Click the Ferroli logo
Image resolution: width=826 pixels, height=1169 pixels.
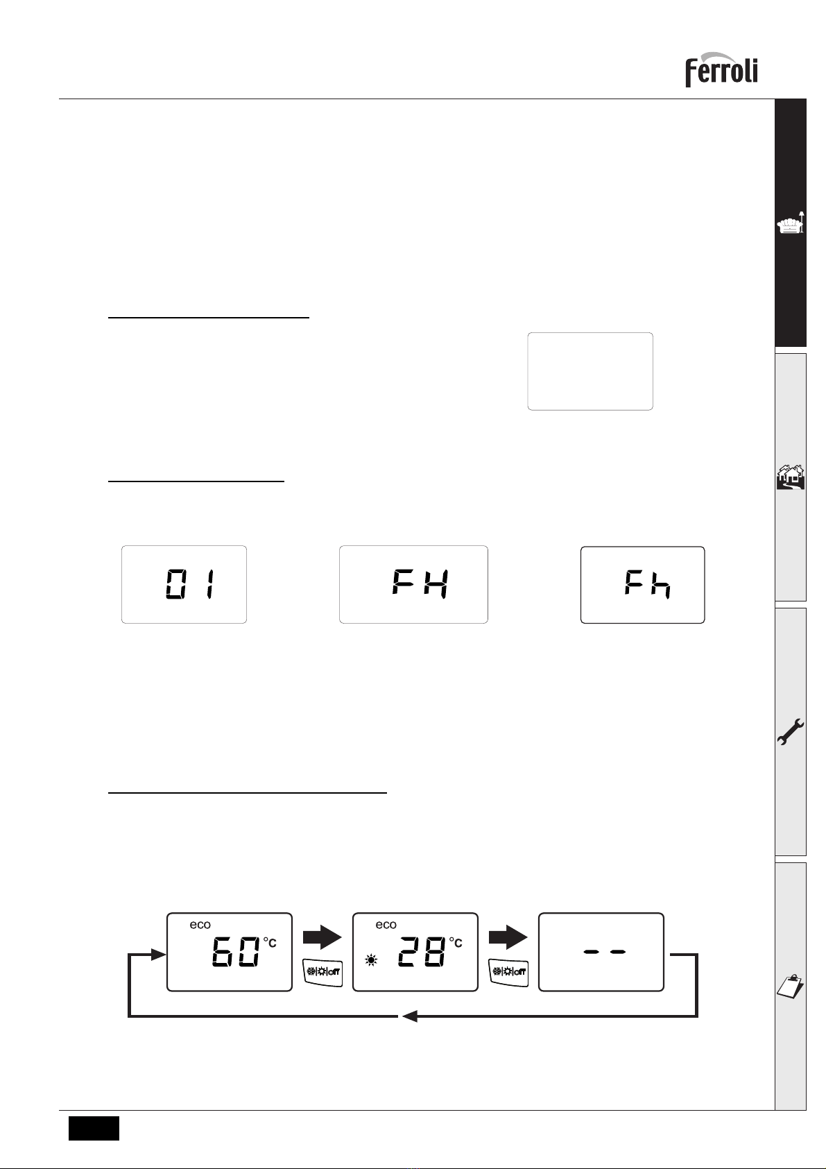(721, 69)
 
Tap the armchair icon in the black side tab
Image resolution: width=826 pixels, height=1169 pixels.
(791, 223)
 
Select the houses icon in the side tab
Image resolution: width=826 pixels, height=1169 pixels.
(791, 477)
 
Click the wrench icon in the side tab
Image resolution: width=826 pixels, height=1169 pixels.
(791, 732)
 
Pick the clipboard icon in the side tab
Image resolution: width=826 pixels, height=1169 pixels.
(791, 986)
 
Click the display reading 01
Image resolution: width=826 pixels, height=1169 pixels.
(184, 584)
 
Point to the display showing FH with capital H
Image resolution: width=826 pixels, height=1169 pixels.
(414, 584)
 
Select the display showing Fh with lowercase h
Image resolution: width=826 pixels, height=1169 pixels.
(643, 585)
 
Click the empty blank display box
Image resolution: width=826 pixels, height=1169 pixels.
(590, 372)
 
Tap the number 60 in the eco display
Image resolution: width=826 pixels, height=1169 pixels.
(236, 952)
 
